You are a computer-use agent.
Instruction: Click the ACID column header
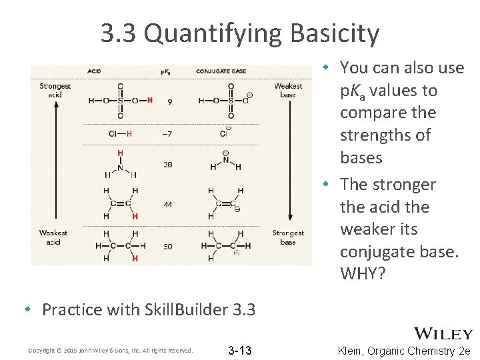point(94,71)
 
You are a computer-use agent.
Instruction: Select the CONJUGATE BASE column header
point(221,71)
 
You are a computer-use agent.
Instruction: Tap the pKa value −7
point(167,134)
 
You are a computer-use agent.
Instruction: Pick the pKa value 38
point(167,165)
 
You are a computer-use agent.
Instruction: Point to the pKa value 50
point(167,247)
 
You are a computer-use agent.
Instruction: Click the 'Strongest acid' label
point(55,90)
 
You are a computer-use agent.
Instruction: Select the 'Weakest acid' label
point(53,237)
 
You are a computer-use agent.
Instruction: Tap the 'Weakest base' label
point(288,90)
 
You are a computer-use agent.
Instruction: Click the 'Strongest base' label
point(288,237)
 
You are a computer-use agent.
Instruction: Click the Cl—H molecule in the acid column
point(120,133)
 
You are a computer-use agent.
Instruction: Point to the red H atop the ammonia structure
point(120,153)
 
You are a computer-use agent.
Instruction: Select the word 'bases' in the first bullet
point(361,157)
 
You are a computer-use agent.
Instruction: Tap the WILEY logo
point(443,334)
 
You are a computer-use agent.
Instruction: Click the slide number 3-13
point(239,350)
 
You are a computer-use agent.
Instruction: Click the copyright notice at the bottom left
point(111,351)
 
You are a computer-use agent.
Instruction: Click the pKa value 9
point(170,101)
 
